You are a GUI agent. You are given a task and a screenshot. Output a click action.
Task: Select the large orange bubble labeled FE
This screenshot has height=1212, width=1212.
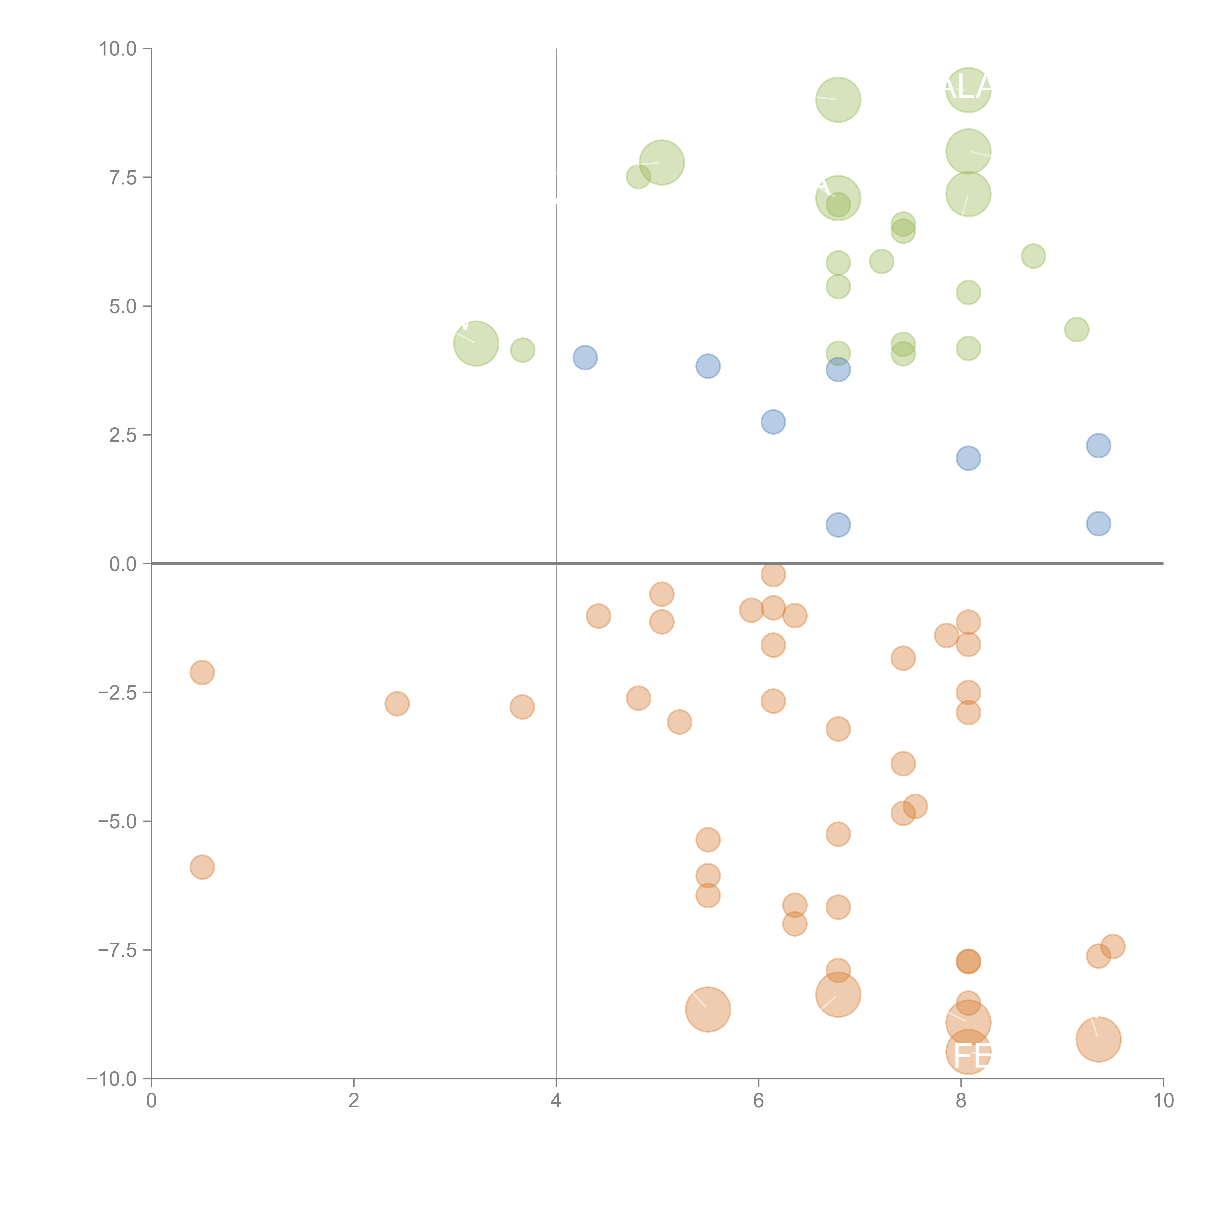tap(968, 1052)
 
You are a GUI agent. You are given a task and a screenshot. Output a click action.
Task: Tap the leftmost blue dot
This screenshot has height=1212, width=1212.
tap(585, 358)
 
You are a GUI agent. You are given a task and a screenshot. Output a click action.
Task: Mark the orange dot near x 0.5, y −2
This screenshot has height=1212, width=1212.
tap(202, 672)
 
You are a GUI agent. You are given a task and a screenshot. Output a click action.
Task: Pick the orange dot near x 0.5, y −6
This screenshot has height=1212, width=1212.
tap(202, 867)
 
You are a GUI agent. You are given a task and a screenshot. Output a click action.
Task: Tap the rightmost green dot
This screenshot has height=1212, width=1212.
tap(1076, 329)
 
